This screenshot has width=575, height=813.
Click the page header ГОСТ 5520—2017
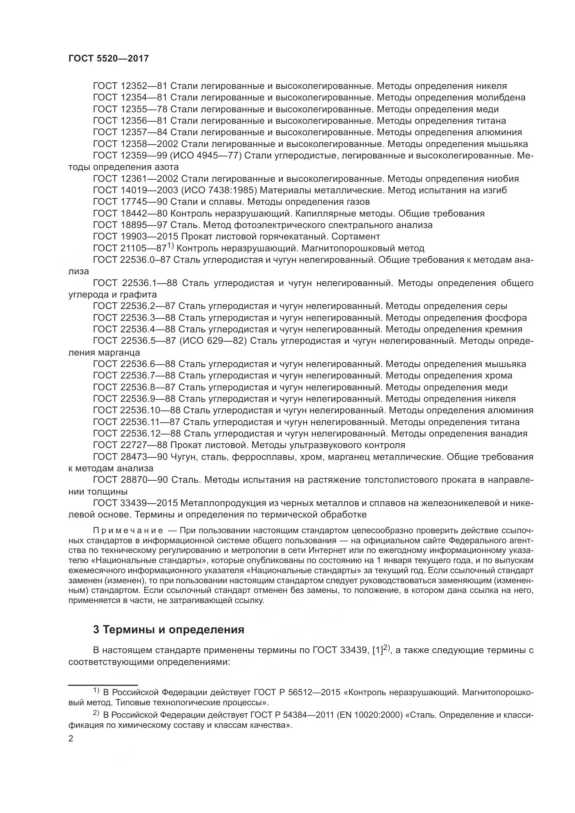click(108, 59)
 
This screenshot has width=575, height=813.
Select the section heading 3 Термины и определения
click(169, 629)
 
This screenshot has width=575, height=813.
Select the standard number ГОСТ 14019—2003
click(135, 190)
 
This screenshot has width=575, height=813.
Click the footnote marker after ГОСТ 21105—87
click(171, 246)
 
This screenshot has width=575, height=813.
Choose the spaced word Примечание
click(128, 530)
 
